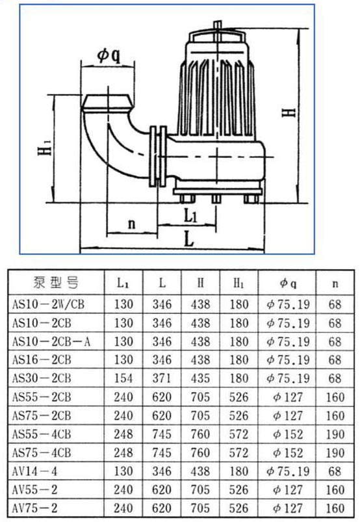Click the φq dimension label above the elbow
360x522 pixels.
pyautogui.click(x=109, y=56)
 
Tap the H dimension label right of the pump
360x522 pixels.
pyautogui.click(x=289, y=112)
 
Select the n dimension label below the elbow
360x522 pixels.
pyautogui.click(x=132, y=224)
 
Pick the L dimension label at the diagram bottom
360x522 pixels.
pyautogui.click(x=189, y=239)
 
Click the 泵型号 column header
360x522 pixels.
pyautogui.click(x=57, y=283)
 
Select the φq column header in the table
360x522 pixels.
pyautogui.click(x=288, y=283)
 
